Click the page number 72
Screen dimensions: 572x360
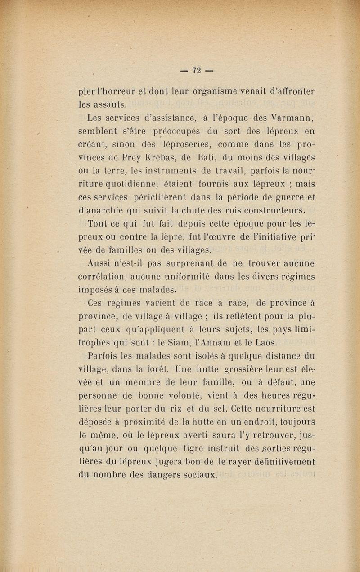[x=196, y=71]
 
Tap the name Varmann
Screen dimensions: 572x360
[x=292, y=119]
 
